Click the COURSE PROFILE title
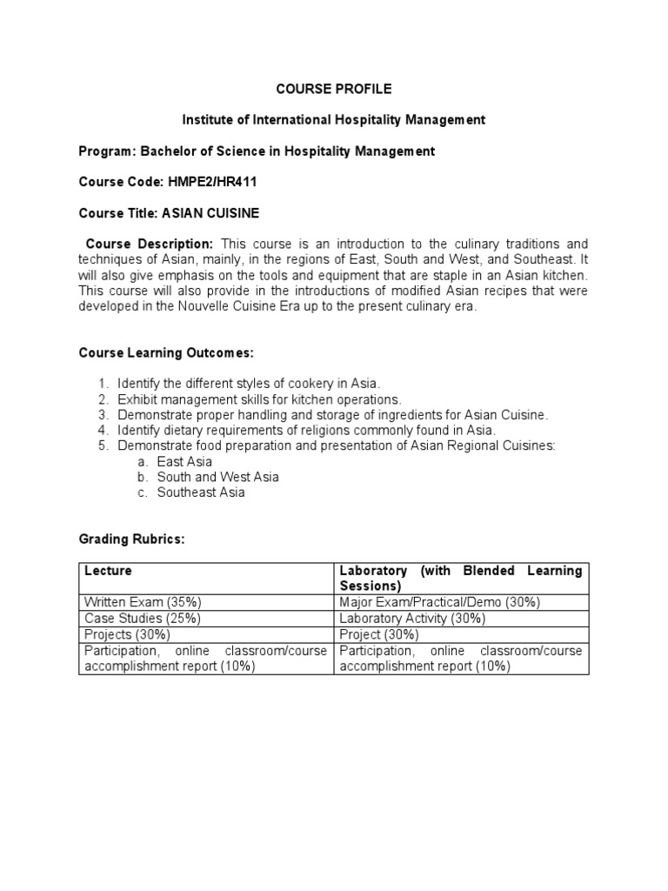click(334, 89)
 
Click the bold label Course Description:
click(149, 244)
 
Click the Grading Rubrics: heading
click(131, 539)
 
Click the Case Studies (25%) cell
click(142, 618)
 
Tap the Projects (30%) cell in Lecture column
click(127, 634)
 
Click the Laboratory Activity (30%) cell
click(412, 618)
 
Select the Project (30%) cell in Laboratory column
click(379, 634)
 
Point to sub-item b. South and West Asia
click(217, 477)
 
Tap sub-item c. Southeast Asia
click(201, 492)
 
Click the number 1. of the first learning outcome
click(103, 384)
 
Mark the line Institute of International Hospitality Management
click(333, 119)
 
